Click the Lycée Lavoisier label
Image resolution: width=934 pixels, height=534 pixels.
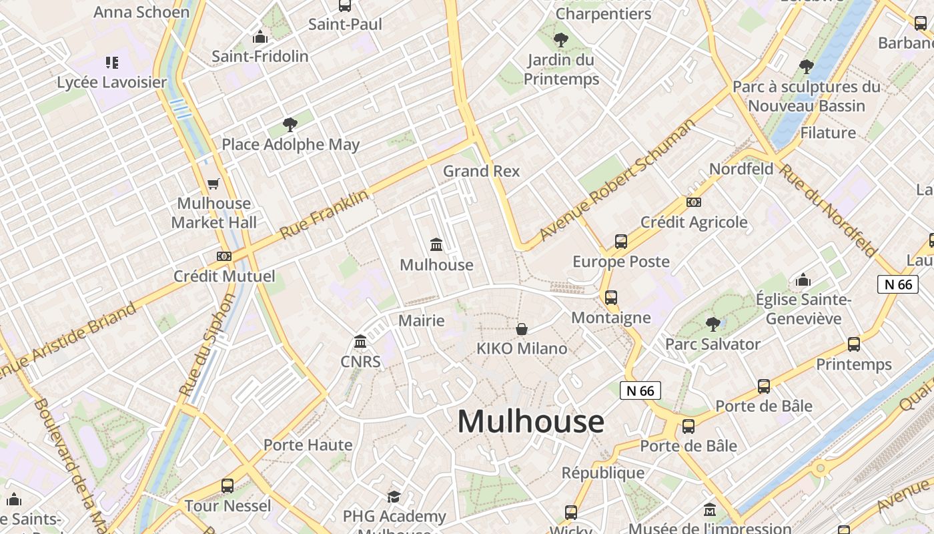click(x=111, y=83)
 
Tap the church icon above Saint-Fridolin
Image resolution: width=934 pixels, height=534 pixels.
click(x=260, y=37)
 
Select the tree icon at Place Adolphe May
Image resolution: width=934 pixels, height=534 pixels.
click(x=290, y=124)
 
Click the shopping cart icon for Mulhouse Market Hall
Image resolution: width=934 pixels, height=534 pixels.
click(x=213, y=184)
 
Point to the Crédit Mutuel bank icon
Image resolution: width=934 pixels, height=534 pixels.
click(x=224, y=256)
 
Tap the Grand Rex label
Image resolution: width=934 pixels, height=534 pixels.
click(x=481, y=171)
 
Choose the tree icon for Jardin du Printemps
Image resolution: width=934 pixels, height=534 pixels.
click(x=561, y=40)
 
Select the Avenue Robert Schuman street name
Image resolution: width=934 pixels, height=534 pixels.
click(x=617, y=180)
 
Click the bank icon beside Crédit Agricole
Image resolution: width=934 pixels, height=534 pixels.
click(x=694, y=202)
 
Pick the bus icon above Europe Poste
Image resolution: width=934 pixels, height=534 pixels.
click(x=621, y=242)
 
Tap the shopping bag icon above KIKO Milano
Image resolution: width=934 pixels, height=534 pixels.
click(x=522, y=329)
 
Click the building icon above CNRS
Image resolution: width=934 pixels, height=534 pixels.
click(x=361, y=342)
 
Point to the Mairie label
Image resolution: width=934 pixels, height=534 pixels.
click(x=421, y=320)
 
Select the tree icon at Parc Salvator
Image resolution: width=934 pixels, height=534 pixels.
click(x=713, y=324)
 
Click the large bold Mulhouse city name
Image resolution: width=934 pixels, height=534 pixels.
click(x=530, y=422)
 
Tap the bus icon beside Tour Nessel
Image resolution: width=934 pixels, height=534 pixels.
click(x=227, y=486)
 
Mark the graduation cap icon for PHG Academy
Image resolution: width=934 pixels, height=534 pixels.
click(x=394, y=497)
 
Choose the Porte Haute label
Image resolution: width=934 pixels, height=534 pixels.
click(x=308, y=445)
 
